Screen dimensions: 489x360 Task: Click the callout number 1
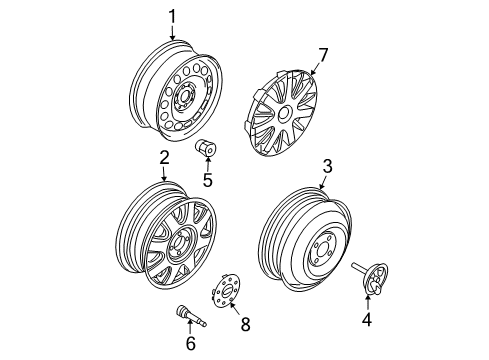tap(172, 16)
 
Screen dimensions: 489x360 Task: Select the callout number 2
tap(163, 157)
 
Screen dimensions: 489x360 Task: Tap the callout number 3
tap(326, 167)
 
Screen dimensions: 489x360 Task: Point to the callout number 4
tap(366, 320)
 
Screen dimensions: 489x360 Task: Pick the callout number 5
tap(207, 181)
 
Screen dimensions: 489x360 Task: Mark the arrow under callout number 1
tap(172, 33)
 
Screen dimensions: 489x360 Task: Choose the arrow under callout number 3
tap(324, 182)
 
